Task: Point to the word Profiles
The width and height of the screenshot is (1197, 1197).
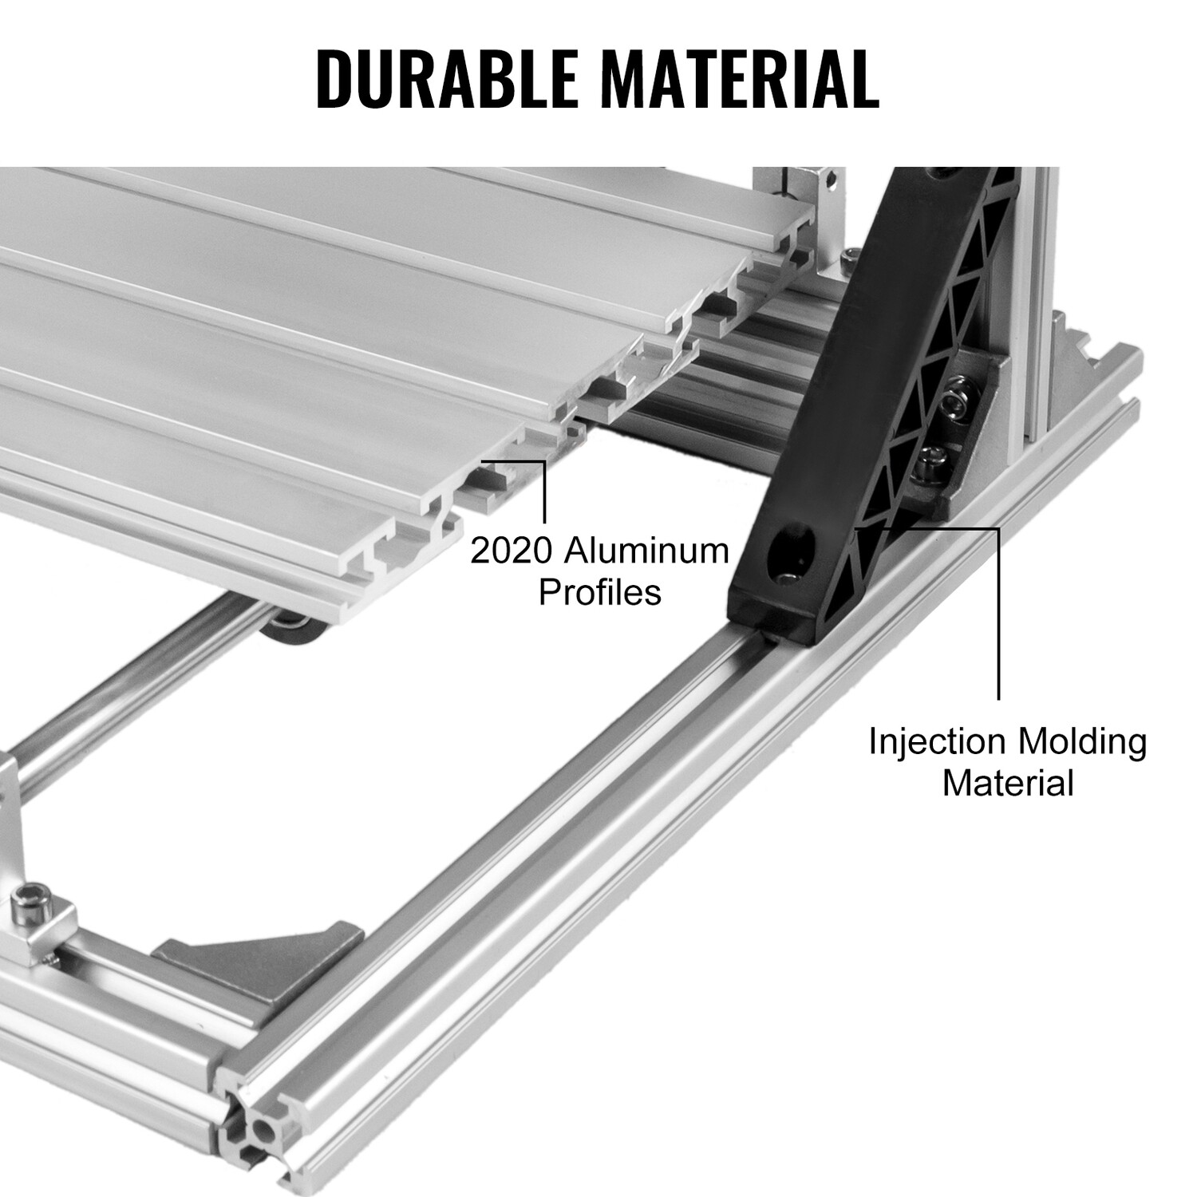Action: [x=600, y=592]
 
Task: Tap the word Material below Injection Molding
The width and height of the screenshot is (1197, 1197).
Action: [x=1008, y=783]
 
